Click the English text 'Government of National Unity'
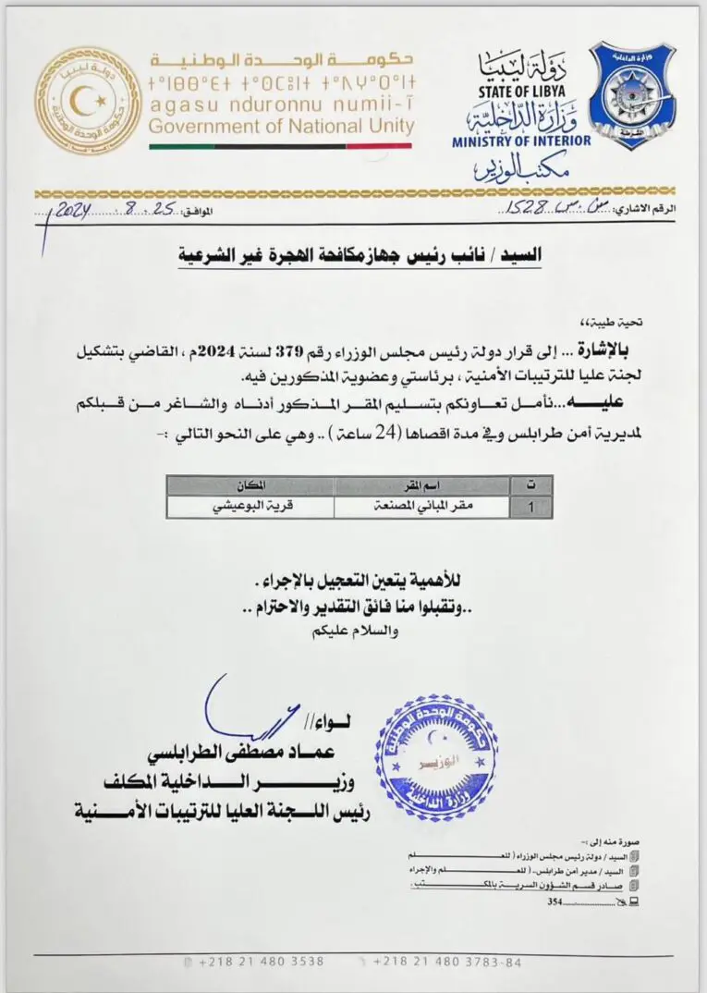[x=281, y=127]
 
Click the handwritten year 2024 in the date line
[x=70, y=211]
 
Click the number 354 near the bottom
[x=556, y=901]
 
